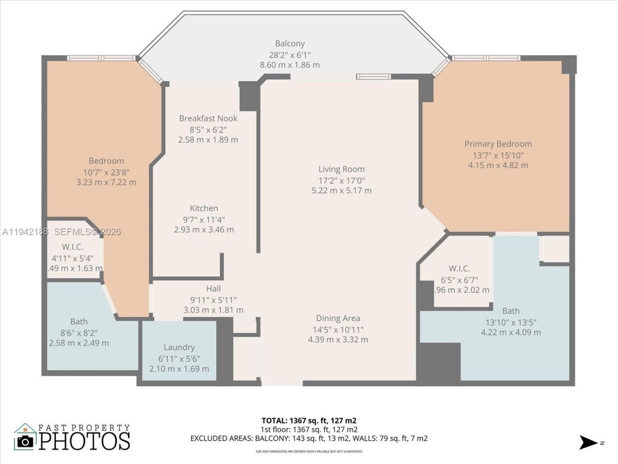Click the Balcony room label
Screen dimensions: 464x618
(x=290, y=43)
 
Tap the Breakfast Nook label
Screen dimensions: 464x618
(x=208, y=118)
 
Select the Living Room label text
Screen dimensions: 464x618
(x=341, y=169)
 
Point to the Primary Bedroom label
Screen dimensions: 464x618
(x=498, y=144)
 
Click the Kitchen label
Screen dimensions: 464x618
(x=204, y=208)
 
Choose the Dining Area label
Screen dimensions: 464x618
(x=338, y=318)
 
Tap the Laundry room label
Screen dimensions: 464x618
(x=179, y=347)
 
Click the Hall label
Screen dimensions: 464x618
(x=213, y=289)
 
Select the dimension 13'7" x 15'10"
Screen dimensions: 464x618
(x=498, y=155)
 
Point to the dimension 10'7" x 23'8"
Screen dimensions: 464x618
(x=106, y=172)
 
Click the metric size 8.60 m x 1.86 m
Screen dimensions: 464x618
(x=290, y=65)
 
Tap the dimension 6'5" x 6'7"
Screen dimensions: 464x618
(x=459, y=280)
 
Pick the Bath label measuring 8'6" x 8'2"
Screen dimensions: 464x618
(x=79, y=321)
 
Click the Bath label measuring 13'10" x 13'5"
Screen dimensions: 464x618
(x=511, y=311)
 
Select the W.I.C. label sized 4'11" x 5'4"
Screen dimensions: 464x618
(x=72, y=247)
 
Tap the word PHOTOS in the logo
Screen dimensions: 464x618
(x=84, y=441)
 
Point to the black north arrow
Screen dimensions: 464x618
(x=589, y=442)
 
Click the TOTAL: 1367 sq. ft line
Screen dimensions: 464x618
(x=309, y=420)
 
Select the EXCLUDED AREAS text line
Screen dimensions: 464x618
(x=309, y=438)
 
